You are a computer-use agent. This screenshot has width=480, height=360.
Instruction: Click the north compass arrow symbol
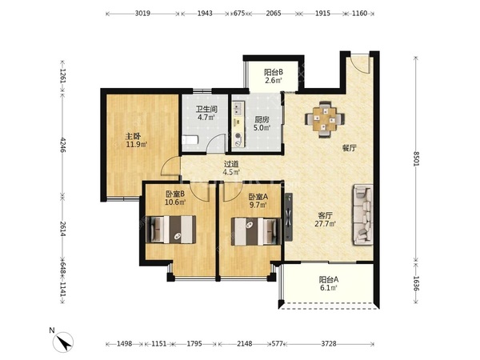click(64, 342)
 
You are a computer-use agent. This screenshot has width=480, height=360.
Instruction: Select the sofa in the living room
click(363, 214)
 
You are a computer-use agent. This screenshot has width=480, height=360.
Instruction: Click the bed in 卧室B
click(171, 230)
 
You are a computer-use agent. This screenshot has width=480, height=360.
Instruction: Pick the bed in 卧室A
click(256, 231)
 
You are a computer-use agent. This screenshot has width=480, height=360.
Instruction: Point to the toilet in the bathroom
click(190, 140)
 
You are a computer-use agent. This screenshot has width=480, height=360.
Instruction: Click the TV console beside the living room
click(288, 217)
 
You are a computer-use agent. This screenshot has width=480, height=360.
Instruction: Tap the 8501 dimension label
click(416, 158)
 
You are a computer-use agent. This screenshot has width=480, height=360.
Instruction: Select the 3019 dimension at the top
click(142, 14)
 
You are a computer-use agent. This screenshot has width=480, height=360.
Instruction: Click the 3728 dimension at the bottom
click(329, 344)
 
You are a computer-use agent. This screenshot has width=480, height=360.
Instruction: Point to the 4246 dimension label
click(63, 145)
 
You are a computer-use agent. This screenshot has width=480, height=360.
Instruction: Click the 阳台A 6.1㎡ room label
click(329, 283)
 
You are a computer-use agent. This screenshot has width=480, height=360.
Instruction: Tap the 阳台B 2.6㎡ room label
click(274, 76)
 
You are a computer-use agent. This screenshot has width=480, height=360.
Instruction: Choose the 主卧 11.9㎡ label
click(137, 140)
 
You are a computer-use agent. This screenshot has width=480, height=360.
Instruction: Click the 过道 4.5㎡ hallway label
click(231, 168)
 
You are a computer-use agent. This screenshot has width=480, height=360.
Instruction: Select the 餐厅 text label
click(350, 149)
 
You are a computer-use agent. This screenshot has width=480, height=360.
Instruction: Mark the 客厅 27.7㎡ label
click(326, 219)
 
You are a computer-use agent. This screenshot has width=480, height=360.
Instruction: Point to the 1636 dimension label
click(416, 283)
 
